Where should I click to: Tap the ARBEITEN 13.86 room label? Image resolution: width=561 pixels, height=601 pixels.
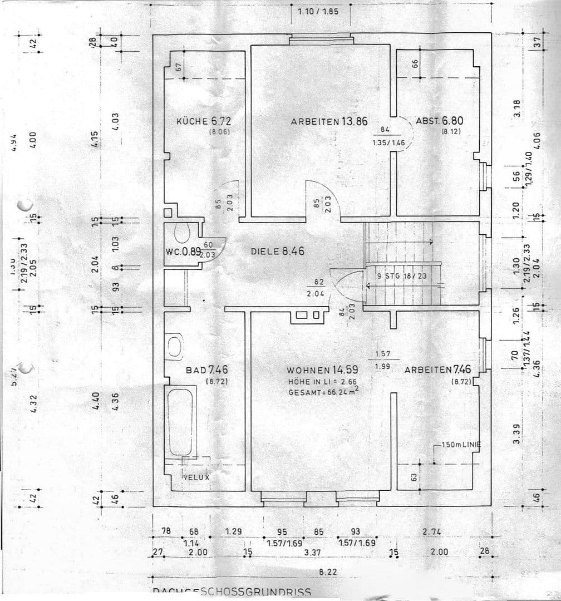[329, 121]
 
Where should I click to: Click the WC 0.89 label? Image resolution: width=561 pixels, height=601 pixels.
[183, 252]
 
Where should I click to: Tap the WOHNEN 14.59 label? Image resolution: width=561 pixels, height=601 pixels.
[322, 370]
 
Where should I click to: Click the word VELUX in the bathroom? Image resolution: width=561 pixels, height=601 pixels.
[196, 477]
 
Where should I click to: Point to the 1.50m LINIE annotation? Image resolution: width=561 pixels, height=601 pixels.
[456, 445]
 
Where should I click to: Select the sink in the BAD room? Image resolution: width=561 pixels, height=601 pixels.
[175, 346]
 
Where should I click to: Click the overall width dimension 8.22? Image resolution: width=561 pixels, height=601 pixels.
[327, 572]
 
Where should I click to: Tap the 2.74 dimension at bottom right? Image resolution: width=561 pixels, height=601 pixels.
[431, 531]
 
